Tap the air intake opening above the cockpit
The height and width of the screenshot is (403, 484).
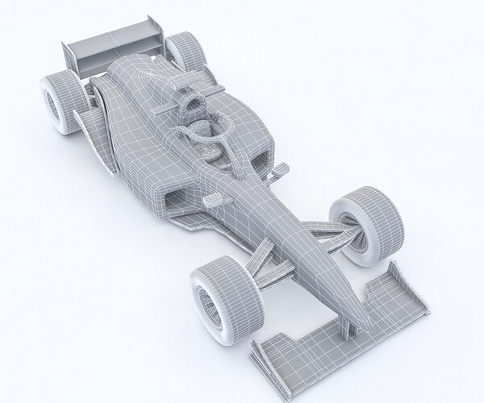tap(192, 103)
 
